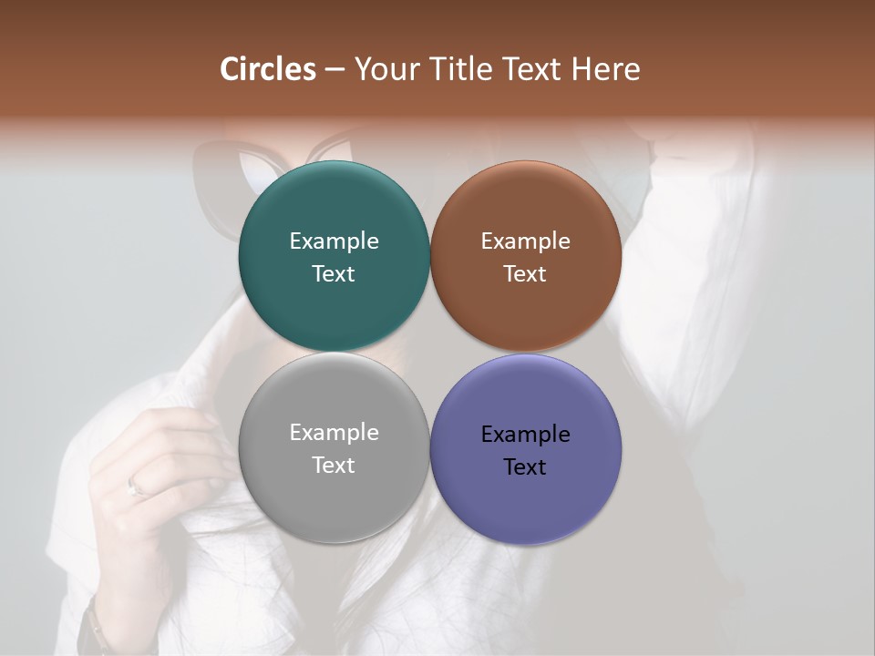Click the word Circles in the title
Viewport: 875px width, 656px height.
click(268, 69)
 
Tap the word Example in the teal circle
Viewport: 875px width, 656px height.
click(334, 241)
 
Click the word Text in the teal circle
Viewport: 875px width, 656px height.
click(334, 274)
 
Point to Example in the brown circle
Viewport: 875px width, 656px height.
click(526, 241)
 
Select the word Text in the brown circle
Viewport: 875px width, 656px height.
click(526, 274)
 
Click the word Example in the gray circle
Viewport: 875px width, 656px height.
click(334, 433)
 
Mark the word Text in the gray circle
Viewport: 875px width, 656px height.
click(334, 466)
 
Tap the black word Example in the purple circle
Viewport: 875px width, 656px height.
click(526, 435)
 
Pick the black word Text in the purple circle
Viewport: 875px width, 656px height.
click(526, 467)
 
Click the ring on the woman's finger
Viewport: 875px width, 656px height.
click(137, 487)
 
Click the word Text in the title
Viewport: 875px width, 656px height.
click(533, 69)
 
